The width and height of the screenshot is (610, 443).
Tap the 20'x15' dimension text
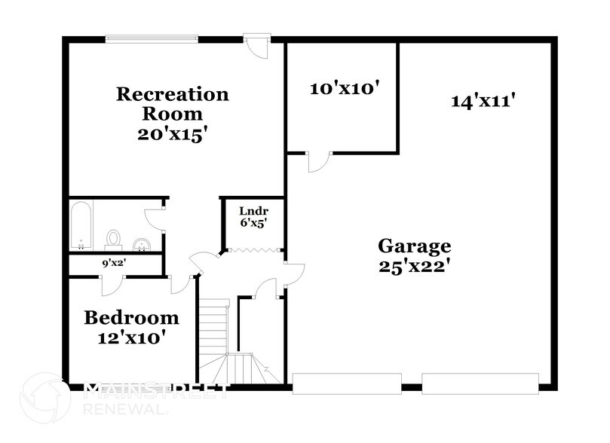click(x=172, y=135)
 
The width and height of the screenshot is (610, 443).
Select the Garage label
click(x=414, y=246)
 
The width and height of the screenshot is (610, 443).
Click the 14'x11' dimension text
click(x=483, y=100)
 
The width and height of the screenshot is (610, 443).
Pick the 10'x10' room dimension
click(x=343, y=88)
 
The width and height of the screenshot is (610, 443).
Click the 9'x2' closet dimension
click(x=115, y=264)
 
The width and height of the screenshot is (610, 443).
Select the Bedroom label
click(x=131, y=317)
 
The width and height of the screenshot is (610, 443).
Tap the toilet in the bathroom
click(x=114, y=238)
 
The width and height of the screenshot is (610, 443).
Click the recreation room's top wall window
click(x=152, y=38)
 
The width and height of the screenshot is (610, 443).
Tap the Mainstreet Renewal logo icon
click(x=45, y=398)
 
